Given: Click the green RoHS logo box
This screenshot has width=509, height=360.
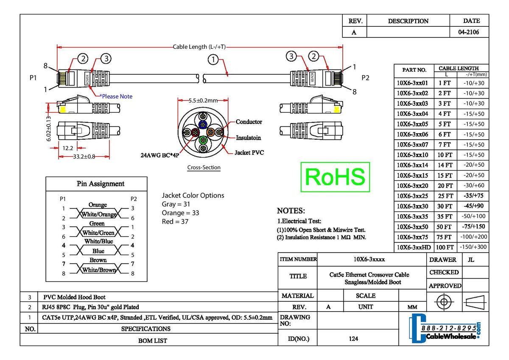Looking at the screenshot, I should [x=335, y=177].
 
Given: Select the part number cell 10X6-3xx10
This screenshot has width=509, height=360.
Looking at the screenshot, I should [x=412, y=155].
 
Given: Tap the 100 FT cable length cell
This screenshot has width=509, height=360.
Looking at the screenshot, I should [x=445, y=247].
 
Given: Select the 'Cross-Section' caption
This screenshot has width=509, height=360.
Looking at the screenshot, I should [x=204, y=168].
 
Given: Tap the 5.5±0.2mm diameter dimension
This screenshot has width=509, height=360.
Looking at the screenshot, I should [x=203, y=101].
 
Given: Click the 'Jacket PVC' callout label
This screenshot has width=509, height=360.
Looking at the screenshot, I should [x=249, y=152].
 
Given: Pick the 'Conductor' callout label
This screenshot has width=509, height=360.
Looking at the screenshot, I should [x=249, y=122].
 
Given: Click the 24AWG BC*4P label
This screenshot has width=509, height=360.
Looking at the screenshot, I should [x=159, y=155].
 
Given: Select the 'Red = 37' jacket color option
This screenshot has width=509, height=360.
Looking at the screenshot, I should [x=175, y=222].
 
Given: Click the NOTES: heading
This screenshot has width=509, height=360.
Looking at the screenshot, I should [x=291, y=211].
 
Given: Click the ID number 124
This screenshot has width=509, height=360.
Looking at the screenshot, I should [x=353, y=339].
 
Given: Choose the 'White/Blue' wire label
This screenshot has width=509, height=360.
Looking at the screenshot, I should [x=98, y=242].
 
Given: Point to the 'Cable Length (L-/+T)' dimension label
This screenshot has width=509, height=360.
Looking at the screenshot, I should [x=199, y=47].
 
